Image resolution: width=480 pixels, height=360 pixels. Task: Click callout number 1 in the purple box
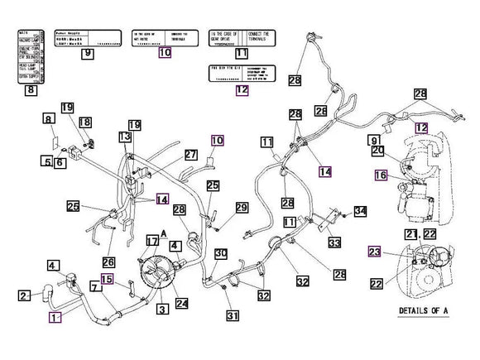pyautogui.click(x=55, y=317)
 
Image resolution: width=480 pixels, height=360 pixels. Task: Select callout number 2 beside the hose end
pyautogui.click(x=25, y=295)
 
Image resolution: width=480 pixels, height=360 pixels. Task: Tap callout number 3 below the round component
pyautogui.click(x=162, y=309)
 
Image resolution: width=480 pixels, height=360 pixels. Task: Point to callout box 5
pyautogui.click(x=48, y=161)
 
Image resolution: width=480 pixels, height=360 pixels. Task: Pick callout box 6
pyautogui.click(x=60, y=162)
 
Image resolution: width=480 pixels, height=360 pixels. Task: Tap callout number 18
pyautogui.click(x=84, y=122)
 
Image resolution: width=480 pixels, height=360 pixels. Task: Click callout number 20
pyautogui.click(x=377, y=151)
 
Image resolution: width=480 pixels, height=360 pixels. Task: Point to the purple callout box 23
pyautogui.click(x=375, y=252)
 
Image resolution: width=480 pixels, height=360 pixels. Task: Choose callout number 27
pyautogui.click(x=191, y=155)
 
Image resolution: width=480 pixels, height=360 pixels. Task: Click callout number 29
pyautogui.click(x=242, y=206)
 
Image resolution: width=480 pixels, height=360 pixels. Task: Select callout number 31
pyautogui.click(x=233, y=314)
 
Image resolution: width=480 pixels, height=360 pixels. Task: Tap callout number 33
pyautogui.click(x=334, y=243)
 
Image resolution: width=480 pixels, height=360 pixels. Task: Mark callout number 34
pyautogui.click(x=359, y=212)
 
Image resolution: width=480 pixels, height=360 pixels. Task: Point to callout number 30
pyautogui.click(x=221, y=252)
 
